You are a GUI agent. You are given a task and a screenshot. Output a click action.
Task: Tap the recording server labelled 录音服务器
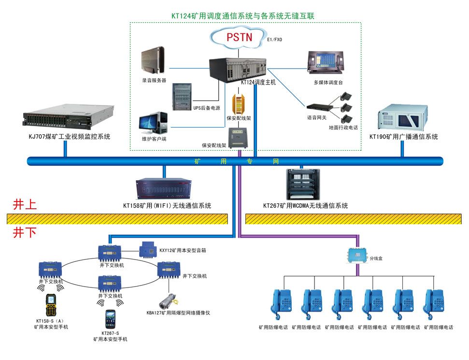[x=153, y=59]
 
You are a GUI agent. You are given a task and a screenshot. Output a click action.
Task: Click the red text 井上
[x=24, y=205]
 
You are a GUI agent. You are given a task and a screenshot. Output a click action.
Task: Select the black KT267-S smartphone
[x=110, y=319]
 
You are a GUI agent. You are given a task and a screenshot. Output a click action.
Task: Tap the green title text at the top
[x=243, y=15]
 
